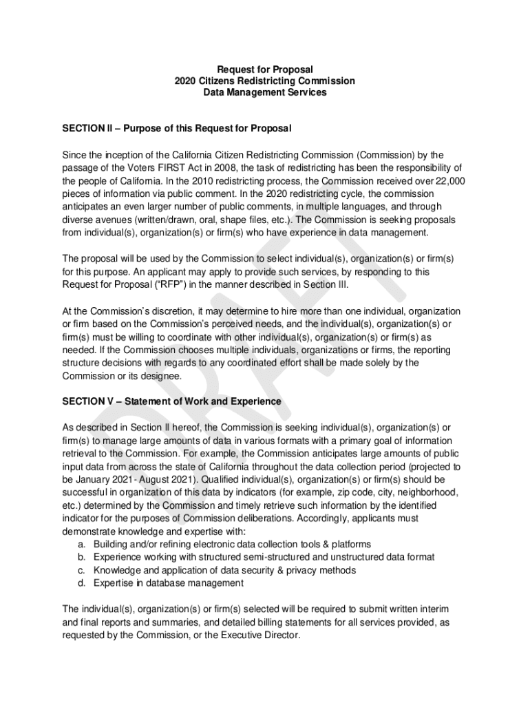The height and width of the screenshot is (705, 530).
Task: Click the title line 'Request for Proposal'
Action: (x=265, y=70)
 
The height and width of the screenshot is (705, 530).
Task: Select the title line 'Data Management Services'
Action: (x=265, y=92)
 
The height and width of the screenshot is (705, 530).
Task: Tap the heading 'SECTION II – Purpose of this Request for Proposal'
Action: (x=177, y=129)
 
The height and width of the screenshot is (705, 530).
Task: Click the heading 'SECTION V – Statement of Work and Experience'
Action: (x=172, y=401)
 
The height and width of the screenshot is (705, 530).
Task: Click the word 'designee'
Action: (x=162, y=376)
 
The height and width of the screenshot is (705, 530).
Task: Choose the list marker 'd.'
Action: (x=82, y=583)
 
